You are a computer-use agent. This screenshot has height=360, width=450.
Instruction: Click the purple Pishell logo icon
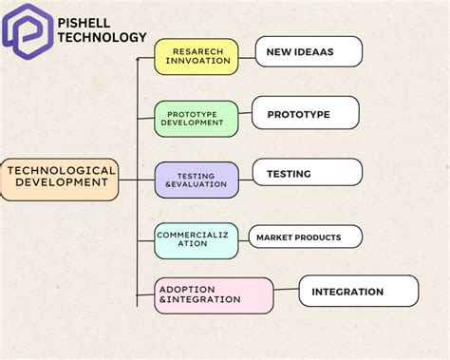(x=27, y=28)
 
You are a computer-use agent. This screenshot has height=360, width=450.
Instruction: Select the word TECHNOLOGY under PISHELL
(x=103, y=37)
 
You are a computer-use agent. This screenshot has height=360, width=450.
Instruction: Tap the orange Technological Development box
(x=61, y=178)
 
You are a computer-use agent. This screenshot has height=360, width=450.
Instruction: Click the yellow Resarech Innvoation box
(x=197, y=56)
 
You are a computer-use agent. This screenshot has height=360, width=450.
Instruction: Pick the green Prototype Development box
(x=197, y=118)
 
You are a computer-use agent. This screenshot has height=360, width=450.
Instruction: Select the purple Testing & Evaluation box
(x=197, y=179)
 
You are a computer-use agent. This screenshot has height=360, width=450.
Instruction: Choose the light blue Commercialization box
(x=197, y=239)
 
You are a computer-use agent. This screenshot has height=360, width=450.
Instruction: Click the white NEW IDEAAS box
(x=309, y=52)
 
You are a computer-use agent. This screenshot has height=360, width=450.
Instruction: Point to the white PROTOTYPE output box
(x=305, y=113)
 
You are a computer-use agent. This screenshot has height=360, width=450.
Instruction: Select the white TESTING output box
(x=307, y=173)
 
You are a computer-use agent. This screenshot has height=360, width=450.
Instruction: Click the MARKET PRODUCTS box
(x=305, y=237)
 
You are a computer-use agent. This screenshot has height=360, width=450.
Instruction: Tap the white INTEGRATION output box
(x=358, y=291)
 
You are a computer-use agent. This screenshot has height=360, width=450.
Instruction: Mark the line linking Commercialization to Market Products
(x=244, y=237)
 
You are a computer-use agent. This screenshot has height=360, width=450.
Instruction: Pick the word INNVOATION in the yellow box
(x=197, y=61)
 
